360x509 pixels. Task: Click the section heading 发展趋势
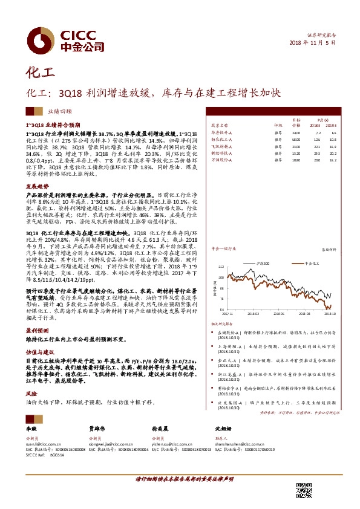(34, 187)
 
